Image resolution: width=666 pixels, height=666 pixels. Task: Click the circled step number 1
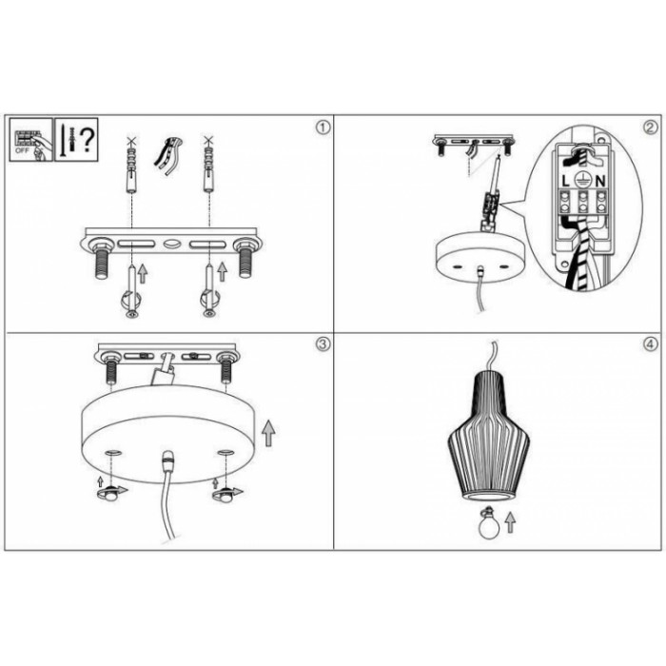tap(323, 127)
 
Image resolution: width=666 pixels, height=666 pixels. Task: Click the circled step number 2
tap(650, 127)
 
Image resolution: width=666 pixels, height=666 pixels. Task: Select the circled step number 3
tap(323, 343)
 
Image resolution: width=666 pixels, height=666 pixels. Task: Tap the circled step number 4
tap(650, 343)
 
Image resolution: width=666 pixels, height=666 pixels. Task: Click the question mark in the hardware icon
tap(88, 139)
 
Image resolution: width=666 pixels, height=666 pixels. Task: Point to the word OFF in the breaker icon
tap(22, 150)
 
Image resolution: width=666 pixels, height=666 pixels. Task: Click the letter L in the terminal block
tap(565, 182)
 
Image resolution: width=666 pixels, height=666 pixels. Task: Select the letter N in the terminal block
tap(599, 182)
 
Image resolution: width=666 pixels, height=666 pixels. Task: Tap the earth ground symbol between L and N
tap(582, 181)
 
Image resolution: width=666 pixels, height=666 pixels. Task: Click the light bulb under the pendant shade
tap(489, 523)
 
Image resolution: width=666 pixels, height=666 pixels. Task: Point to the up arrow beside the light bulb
tap(510, 522)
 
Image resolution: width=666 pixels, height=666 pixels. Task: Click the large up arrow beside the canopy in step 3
tap(268, 433)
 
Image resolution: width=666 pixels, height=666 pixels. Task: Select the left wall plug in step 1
tap(131, 168)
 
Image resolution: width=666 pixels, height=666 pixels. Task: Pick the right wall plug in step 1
tap(208, 168)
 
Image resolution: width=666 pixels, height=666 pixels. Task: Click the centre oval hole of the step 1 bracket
tap(171, 245)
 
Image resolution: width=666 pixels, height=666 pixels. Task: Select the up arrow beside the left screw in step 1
tap(143, 273)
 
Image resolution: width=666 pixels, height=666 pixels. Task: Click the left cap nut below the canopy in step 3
tap(110, 495)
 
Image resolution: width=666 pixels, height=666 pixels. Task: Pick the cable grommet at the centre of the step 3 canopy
tap(168, 459)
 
